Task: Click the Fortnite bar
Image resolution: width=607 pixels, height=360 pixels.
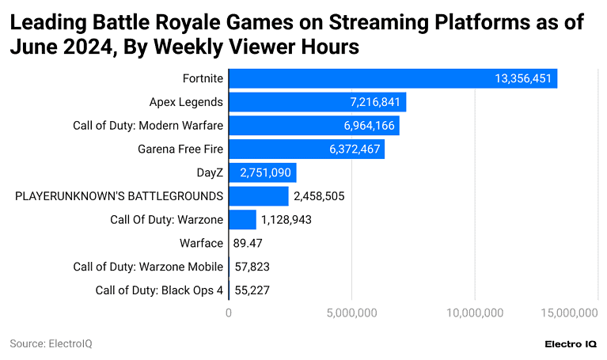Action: point(393,78)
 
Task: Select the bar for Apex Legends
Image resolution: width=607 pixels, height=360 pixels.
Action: point(317,102)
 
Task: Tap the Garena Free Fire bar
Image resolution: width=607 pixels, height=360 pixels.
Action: point(306,149)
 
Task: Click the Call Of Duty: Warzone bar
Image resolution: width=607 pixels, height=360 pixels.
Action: point(242,219)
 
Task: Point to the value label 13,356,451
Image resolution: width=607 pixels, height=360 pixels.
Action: point(523,78)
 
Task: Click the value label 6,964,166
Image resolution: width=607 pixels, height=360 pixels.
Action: point(368,126)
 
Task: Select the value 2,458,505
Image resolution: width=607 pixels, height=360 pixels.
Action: point(319,196)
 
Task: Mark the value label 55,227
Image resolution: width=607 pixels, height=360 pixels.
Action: point(252,290)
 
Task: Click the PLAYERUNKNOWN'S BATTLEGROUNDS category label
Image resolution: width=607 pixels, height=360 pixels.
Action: point(119,196)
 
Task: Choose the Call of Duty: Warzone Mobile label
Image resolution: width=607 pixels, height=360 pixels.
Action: point(148,267)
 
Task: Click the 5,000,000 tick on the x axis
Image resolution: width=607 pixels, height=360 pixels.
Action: point(351,314)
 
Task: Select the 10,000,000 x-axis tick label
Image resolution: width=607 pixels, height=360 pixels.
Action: point(475,314)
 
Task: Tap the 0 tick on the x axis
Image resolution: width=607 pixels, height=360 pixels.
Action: point(229,314)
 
